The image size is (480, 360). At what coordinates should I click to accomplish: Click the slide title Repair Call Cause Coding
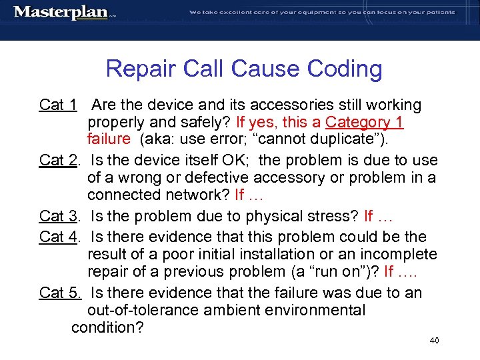click(x=244, y=69)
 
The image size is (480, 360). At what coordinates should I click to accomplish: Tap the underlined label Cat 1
click(x=59, y=105)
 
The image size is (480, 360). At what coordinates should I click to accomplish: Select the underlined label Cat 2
click(x=59, y=161)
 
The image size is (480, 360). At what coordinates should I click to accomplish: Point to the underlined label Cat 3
click(x=59, y=216)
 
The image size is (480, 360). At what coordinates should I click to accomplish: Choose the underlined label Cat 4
click(x=59, y=237)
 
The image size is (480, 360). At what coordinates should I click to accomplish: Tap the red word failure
click(x=109, y=139)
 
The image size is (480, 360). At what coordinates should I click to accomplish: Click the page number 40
click(x=435, y=341)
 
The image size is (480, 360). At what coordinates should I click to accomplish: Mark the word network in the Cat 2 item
click(x=198, y=195)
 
